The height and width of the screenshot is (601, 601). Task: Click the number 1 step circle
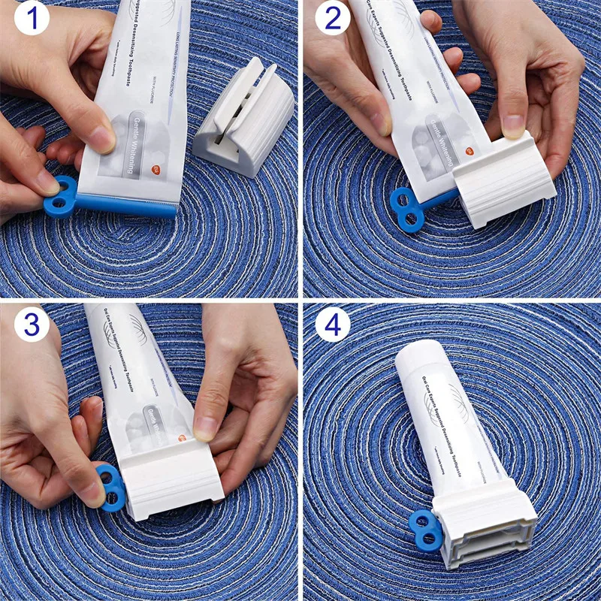pos(26,20)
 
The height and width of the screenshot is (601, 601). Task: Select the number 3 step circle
pos(30,324)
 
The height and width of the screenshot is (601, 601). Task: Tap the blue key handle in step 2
pos(406,209)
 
